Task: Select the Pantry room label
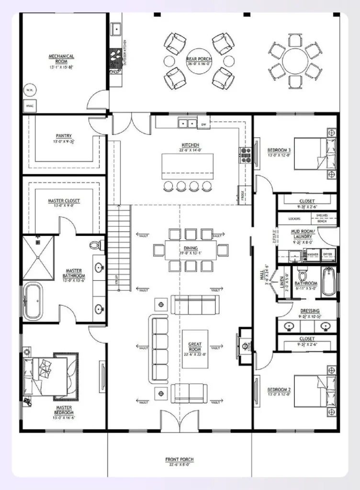click(x=63, y=139)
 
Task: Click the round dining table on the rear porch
click(x=295, y=61)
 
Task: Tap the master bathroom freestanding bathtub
click(x=33, y=301)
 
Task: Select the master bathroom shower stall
click(x=38, y=258)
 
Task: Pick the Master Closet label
click(x=64, y=203)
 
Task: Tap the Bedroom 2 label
click(x=280, y=391)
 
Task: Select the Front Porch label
click(x=180, y=462)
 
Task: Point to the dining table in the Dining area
click(x=190, y=250)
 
